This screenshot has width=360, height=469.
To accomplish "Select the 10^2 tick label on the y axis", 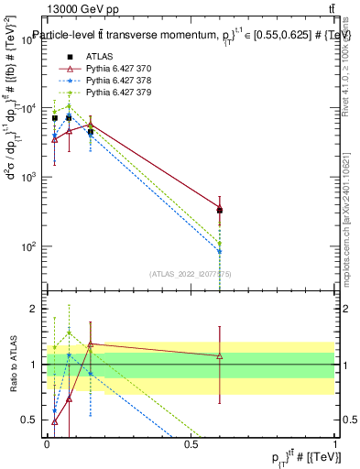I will pos(29,246).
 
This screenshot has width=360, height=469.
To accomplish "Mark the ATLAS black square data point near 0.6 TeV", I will pos(220,211).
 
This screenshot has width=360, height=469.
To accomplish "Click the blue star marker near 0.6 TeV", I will pos(220,250).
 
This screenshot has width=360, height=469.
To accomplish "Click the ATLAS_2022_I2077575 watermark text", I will pos(191,273).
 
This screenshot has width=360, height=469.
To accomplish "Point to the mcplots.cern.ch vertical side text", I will pos(348,220).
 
